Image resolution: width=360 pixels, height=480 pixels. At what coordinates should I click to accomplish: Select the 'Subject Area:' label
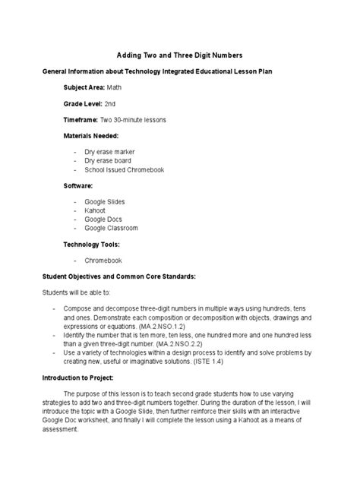tap(84, 87)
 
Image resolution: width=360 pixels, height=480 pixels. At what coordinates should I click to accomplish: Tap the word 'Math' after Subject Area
tap(114, 87)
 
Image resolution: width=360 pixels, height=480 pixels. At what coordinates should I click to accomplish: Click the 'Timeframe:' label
tap(81, 120)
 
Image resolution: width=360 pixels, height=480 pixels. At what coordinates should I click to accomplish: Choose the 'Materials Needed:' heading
tap(92, 137)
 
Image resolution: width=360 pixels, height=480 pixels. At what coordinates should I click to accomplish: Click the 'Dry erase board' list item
tap(108, 161)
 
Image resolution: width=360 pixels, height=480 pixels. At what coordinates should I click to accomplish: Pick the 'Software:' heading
tap(78, 185)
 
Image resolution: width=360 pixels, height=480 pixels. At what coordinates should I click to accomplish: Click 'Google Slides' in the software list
tap(105, 202)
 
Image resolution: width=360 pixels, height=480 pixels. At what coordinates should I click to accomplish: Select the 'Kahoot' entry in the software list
tap(95, 210)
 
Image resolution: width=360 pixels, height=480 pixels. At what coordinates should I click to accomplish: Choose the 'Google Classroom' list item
tap(111, 228)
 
